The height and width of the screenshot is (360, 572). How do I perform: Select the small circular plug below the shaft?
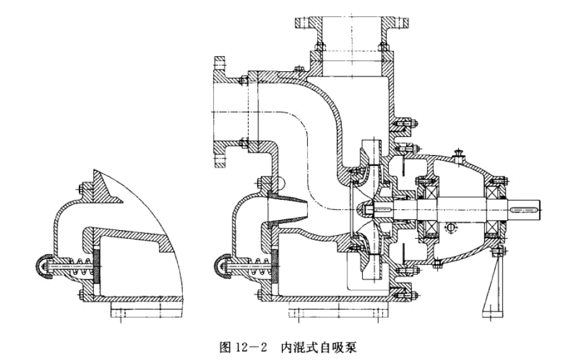point(450,227)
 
